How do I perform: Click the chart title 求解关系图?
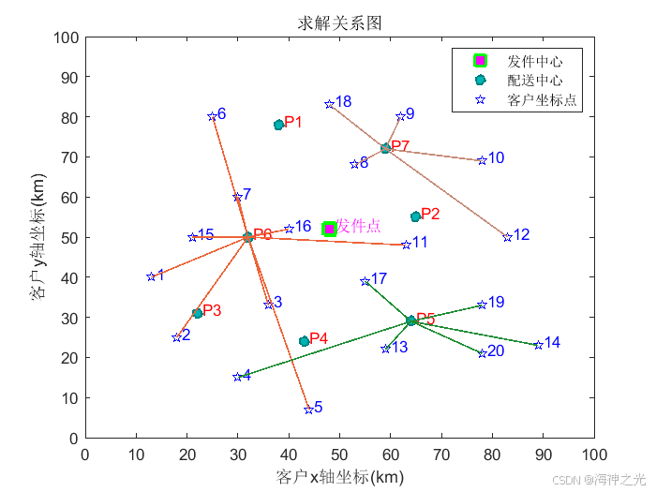click(340, 22)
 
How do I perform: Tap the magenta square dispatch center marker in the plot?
click(329, 230)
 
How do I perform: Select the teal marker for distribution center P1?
click(278, 125)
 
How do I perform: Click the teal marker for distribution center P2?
click(415, 216)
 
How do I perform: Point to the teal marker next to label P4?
click(304, 341)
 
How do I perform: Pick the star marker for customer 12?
click(507, 237)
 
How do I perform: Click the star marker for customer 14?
click(538, 345)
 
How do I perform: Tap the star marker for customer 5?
click(308, 410)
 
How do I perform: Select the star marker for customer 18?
click(329, 104)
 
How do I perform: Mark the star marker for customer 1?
click(151, 276)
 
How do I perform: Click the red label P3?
click(212, 310)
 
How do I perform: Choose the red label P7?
click(400, 146)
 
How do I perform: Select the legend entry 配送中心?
click(534, 81)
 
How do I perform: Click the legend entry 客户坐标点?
click(541, 99)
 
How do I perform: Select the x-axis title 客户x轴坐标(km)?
click(339, 477)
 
